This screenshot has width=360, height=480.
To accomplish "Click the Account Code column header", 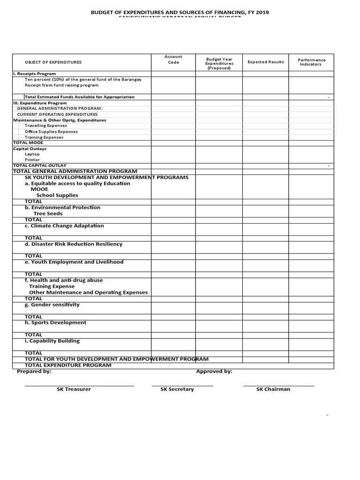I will click(x=173, y=60).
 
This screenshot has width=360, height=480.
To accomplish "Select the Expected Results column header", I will click(x=265, y=62).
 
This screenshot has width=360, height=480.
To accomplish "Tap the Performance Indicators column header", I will click(x=311, y=62).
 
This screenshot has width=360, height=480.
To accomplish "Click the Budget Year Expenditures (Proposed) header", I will click(x=219, y=64).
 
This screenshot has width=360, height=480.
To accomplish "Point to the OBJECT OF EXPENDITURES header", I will click(x=53, y=62).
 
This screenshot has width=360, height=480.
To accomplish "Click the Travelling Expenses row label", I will click(x=45, y=126).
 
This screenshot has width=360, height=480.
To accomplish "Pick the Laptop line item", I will click(x=32, y=154).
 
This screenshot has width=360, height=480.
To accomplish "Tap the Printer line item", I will click(x=32, y=160).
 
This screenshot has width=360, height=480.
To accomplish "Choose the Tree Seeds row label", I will click(x=48, y=214).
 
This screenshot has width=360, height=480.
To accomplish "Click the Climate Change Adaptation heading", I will click(x=65, y=226).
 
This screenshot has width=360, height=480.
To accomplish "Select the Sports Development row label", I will click(x=55, y=322).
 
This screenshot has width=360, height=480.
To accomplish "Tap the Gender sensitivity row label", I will click(x=52, y=305).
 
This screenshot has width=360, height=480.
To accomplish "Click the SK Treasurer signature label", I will click(x=74, y=389).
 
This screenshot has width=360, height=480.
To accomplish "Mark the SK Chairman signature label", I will click(x=273, y=389).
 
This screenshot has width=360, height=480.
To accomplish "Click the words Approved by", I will click(x=214, y=371).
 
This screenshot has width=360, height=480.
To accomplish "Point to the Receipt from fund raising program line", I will click(x=61, y=85).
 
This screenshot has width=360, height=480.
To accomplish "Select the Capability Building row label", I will click(x=52, y=341).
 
